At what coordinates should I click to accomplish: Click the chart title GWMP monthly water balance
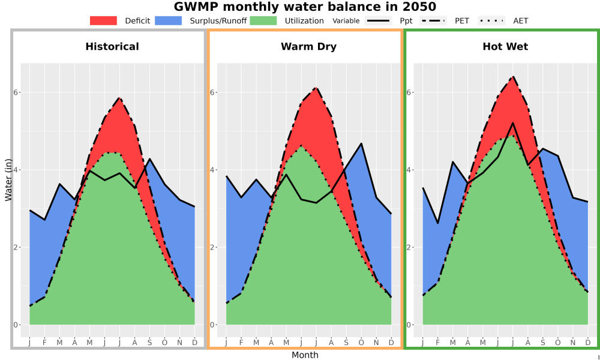coord(305,7)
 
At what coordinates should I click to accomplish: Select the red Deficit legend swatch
coord(103,20)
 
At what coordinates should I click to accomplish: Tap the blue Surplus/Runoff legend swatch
coord(169,20)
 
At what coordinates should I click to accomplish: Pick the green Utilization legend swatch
coord(263,20)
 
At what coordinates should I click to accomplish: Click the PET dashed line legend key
coord(433,20)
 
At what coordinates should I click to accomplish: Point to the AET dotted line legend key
coord(491,20)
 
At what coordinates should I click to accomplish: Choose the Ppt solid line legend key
coord(377,20)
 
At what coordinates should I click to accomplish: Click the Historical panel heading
coord(112,47)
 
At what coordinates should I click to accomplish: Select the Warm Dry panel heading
coord(309,47)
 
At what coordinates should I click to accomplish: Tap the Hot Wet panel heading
coord(505,47)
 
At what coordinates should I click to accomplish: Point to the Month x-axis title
coord(305,355)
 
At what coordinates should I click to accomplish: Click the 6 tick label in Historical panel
coord(16,92)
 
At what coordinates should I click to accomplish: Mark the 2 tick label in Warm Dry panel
coord(212,248)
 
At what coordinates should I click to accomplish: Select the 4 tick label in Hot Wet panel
coord(409,170)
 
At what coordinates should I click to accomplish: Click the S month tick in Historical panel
coord(149,343)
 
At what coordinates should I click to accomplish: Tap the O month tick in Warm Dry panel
coord(361,343)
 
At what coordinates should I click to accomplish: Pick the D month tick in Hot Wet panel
coord(588,343)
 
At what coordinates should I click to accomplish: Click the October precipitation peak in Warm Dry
coord(361,143)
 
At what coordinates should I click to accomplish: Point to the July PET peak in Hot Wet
coord(513,77)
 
